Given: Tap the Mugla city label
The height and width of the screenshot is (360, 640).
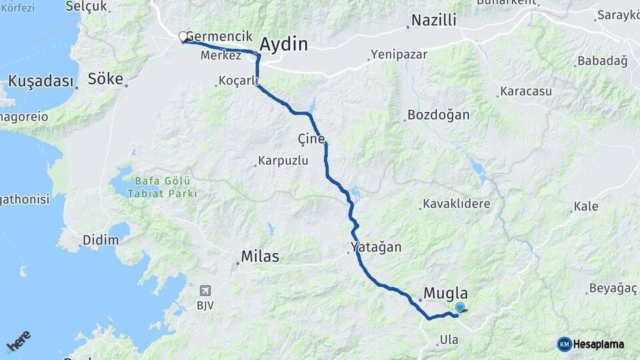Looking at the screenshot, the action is click(446, 293).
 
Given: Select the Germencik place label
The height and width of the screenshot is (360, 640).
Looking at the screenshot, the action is click(220, 36).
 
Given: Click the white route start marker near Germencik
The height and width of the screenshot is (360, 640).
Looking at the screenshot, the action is click(183, 37).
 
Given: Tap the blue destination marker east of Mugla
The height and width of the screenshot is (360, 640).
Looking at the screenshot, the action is click(459, 307).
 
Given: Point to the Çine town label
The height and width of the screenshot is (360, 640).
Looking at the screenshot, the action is click(311, 139).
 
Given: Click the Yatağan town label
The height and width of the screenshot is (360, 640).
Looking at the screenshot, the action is click(376, 247).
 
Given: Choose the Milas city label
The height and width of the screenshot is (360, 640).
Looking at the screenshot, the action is click(260, 257).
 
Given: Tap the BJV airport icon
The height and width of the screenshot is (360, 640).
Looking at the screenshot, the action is click(205, 291).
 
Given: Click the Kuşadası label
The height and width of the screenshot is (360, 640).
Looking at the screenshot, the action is click(40, 81).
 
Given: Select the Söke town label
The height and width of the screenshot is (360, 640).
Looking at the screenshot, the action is click(105, 79).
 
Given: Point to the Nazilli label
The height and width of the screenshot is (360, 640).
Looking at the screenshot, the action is click(434, 21).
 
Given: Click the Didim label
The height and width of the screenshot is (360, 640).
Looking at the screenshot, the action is click(95, 240).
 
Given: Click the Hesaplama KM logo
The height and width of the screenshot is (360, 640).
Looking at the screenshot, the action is click(591, 344).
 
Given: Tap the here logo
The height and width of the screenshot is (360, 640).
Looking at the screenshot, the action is click(18, 341).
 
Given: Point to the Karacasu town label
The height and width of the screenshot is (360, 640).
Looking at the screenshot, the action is click(526, 91).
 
